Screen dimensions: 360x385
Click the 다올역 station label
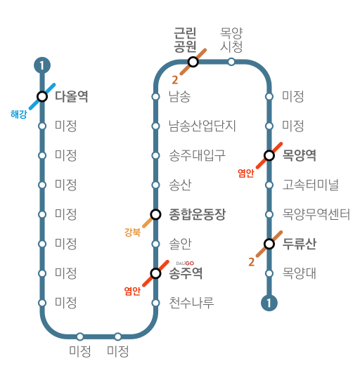pyautogui.click(x=71, y=96)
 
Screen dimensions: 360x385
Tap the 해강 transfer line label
pyautogui.click(x=19, y=115)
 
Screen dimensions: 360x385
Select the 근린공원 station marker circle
pyautogui.click(x=193, y=62)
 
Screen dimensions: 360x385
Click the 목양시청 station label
pyautogui.click(x=231, y=40)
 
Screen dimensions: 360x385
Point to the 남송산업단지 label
pyautogui.click(x=202, y=126)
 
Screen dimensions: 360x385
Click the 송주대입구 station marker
pyautogui.click(x=155, y=156)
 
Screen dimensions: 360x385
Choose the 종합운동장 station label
pyautogui.click(x=197, y=214)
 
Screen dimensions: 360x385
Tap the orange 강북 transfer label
pyautogui.click(x=132, y=232)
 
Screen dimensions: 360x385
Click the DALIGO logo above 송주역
pyautogui.click(x=185, y=263)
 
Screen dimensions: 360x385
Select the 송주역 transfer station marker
pyautogui.click(x=155, y=273)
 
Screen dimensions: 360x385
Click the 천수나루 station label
pyautogui.click(x=191, y=303)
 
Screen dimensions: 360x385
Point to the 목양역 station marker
pyautogui.click(x=269, y=155)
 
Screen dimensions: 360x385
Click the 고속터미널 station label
pyautogui.click(x=311, y=185)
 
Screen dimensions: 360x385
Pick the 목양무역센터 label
pyautogui.click(x=316, y=214)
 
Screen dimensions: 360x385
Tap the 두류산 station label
pyautogui.click(x=300, y=244)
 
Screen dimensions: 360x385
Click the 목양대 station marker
pyautogui.click(x=269, y=273)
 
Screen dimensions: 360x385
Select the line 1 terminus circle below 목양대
pyautogui.click(x=269, y=303)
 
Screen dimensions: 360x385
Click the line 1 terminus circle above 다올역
pyautogui.click(x=42, y=65)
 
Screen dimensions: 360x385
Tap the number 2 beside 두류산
pyautogui.click(x=251, y=262)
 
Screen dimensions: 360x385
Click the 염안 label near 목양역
pyautogui.click(x=245, y=173)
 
